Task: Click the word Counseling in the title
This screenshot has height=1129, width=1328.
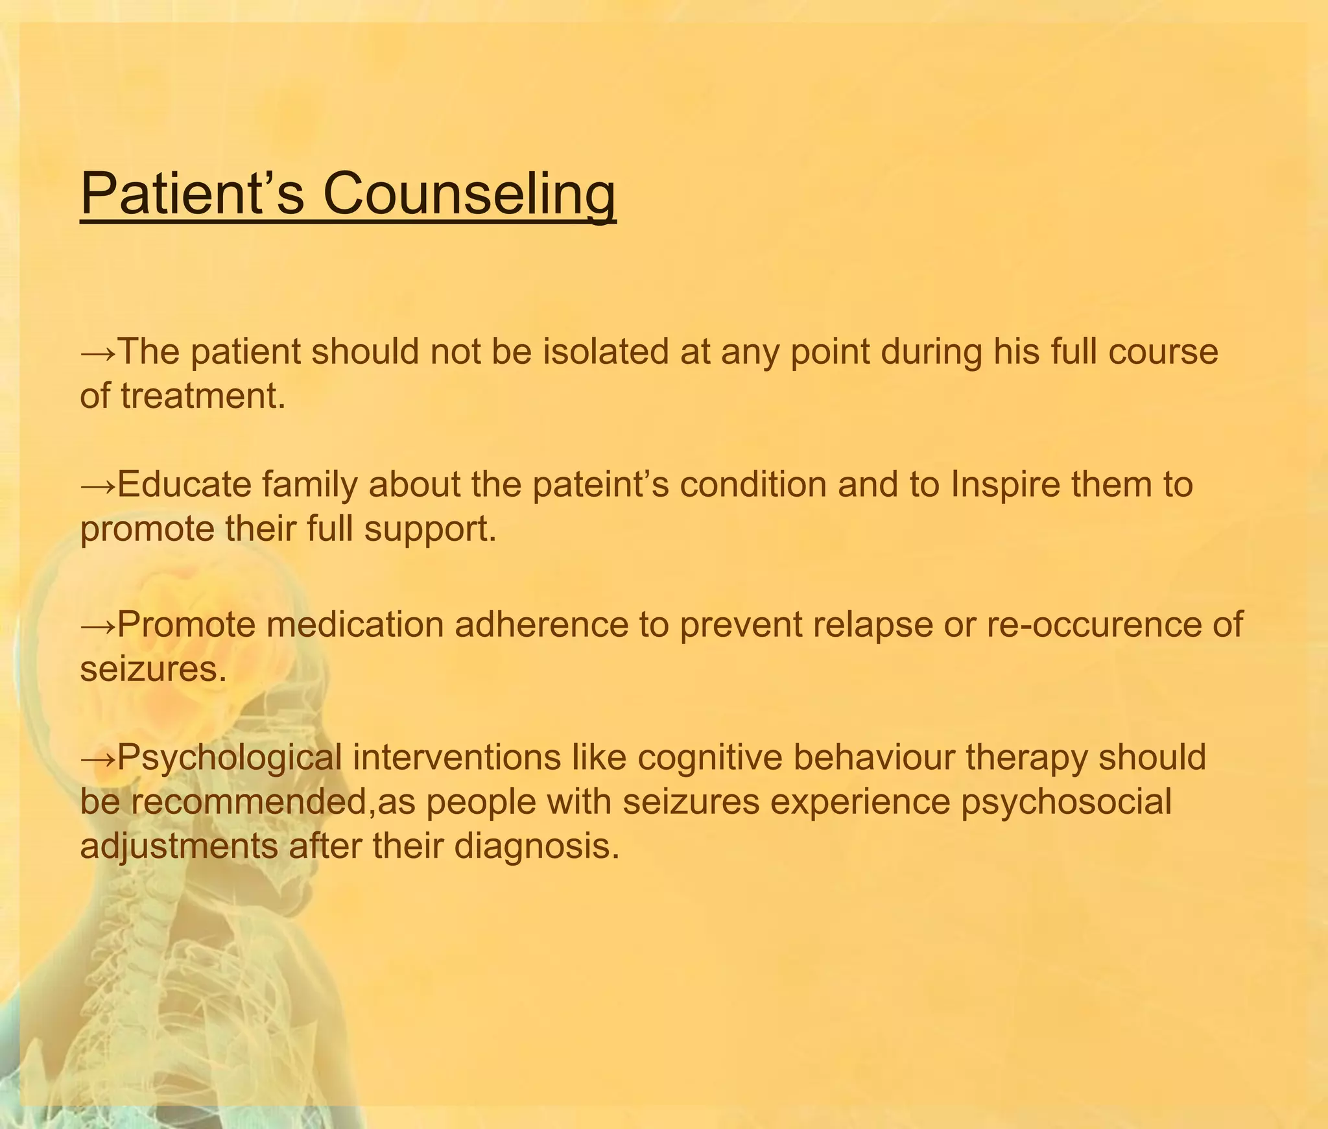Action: pyautogui.click(x=469, y=195)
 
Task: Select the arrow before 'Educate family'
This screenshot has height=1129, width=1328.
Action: pyautogui.click(x=98, y=486)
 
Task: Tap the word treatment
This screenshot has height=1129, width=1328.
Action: pyautogui.click(x=202, y=396)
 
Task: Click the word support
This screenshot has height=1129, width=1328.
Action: pyautogui.click(x=430, y=529)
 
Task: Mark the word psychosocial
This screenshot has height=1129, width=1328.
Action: pyautogui.click(x=1066, y=802)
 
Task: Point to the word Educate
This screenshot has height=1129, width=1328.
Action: pyautogui.click(x=184, y=484)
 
